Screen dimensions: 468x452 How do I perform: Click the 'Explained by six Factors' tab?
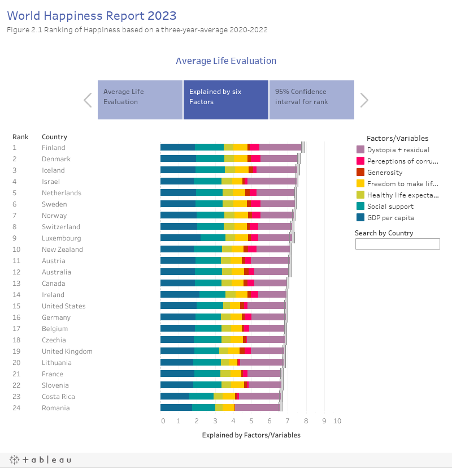point(225,100)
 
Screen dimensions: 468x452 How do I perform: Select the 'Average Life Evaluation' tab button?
point(140,100)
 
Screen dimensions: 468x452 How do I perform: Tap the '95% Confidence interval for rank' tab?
point(311,100)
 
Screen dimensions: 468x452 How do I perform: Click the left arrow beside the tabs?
point(88,100)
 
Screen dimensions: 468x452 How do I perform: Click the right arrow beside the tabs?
point(364,100)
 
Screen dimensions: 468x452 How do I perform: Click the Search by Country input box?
point(397,244)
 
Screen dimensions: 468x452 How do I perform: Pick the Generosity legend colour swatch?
point(360,173)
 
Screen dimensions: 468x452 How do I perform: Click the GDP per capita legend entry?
point(390,218)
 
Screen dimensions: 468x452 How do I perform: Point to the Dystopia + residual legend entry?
point(398,150)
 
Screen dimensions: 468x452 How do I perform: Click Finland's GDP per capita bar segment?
point(177,148)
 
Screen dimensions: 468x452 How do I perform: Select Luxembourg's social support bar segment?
point(213,238)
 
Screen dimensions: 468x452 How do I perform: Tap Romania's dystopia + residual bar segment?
point(257,408)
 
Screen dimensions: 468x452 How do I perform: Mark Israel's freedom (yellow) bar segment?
point(237,182)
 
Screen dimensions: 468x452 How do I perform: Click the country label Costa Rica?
point(58,397)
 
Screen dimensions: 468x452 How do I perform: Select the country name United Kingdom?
point(67,351)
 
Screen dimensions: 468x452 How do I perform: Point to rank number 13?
point(16,284)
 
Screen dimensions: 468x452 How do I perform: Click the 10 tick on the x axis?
point(337,421)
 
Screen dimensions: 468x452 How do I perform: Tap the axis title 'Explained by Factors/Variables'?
point(251,435)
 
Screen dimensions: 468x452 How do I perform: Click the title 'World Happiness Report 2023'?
point(92,15)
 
